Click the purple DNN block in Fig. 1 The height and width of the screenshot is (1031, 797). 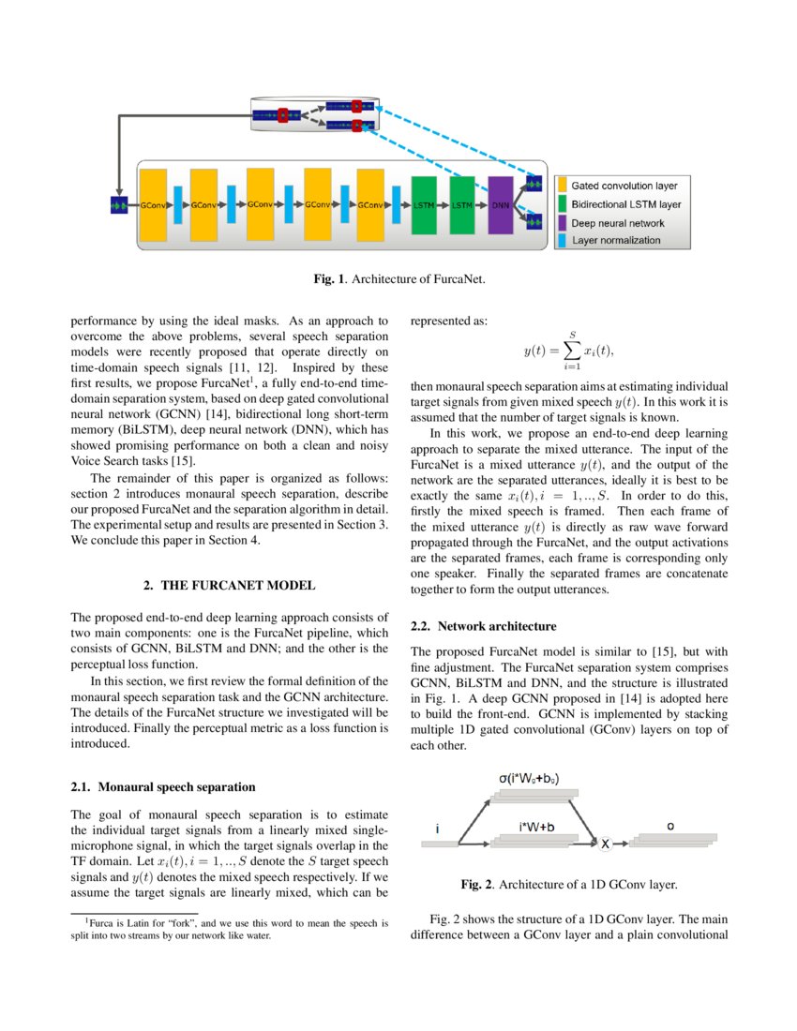pyautogui.click(x=500, y=203)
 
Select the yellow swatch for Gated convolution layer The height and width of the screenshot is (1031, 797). pyautogui.click(x=564, y=186)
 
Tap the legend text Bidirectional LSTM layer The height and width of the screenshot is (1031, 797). pyautogui.click(x=625, y=204)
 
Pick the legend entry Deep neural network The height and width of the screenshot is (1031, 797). pyautogui.click(x=618, y=223)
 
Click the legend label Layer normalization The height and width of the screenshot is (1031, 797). pyautogui.click(x=616, y=241)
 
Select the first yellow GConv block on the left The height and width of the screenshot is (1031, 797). pyautogui.click(x=153, y=203)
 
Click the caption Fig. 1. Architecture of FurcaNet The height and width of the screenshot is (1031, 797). pyautogui.click(x=398, y=278)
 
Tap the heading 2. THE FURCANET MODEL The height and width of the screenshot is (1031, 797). pyautogui.click(x=229, y=585)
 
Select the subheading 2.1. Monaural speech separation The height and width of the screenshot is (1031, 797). pyautogui.click(x=162, y=786)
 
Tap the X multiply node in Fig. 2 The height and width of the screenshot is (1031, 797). pyautogui.click(x=605, y=844)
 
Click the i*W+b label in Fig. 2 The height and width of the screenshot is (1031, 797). pyautogui.click(x=535, y=828)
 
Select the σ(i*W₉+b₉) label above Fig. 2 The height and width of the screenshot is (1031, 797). pyautogui.click(x=529, y=779)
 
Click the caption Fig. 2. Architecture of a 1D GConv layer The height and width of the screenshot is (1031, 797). pyautogui.click(x=569, y=884)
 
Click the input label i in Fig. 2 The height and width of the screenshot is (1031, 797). pyautogui.click(x=438, y=829)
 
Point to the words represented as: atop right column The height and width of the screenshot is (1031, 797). pyautogui.click(x=448, y=320)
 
